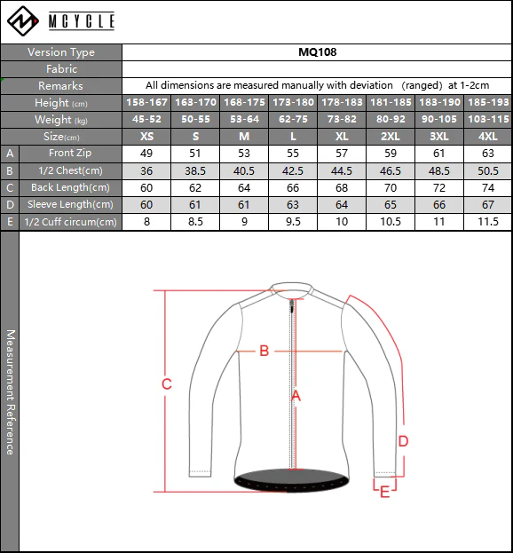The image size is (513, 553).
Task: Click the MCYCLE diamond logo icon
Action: (23, 20)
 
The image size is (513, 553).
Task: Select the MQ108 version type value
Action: (318, 52)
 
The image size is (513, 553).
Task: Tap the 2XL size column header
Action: (391, 137)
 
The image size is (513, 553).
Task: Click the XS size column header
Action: (146, 137)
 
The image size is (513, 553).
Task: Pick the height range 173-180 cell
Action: (293, 103)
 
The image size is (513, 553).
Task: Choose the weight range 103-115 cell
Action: (488, 120)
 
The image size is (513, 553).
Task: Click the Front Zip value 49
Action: (146, 154)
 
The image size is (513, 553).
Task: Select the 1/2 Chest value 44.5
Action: (342, 171)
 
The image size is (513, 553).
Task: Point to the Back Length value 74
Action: (488, 187)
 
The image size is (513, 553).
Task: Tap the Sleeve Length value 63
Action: (293, 205)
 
